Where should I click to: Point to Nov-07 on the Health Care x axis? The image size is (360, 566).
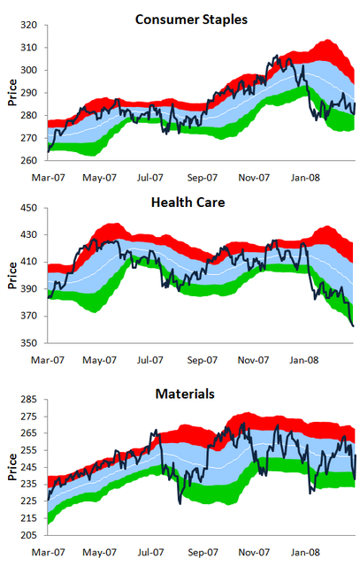coord(255,360)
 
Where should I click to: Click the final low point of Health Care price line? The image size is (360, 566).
coord(353,326)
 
